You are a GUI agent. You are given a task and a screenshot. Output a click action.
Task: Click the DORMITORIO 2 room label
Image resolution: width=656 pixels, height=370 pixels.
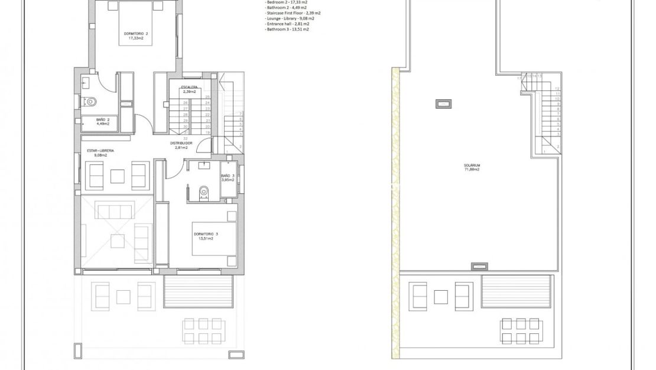(x=135, y=35)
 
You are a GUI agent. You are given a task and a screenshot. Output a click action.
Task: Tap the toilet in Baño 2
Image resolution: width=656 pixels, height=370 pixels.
(x=91, y=102)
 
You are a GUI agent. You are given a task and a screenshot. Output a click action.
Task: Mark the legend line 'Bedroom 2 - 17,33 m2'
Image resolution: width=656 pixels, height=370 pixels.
(x=287, y=2)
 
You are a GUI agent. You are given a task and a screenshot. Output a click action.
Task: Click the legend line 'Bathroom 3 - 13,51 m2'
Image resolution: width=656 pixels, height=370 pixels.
(x=287, y=29)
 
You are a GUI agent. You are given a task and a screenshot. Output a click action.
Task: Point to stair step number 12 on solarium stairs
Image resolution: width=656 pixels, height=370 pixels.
(x=557, y=88)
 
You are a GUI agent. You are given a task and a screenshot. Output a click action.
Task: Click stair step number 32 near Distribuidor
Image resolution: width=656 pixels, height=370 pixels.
(x=186, y=138)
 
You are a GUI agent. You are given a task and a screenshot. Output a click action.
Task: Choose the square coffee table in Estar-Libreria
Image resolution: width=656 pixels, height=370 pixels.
(x=117, y=176)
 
